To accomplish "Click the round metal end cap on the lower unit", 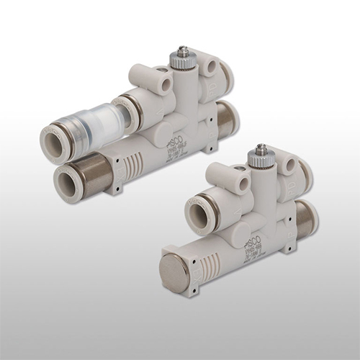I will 176,269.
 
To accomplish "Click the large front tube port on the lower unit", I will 204,215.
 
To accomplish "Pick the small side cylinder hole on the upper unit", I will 166,85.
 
